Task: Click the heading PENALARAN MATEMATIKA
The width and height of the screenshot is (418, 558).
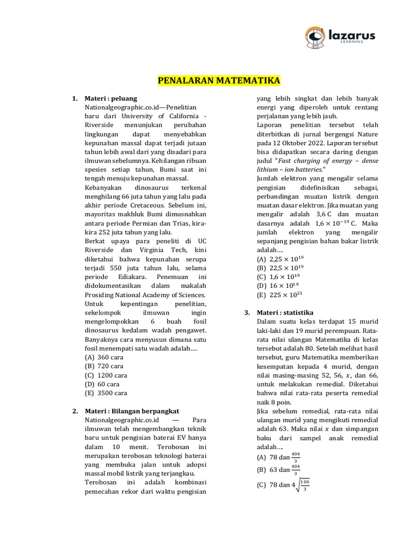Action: tap(219, 81)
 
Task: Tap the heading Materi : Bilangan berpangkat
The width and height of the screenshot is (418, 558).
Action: tap(132, 410)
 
